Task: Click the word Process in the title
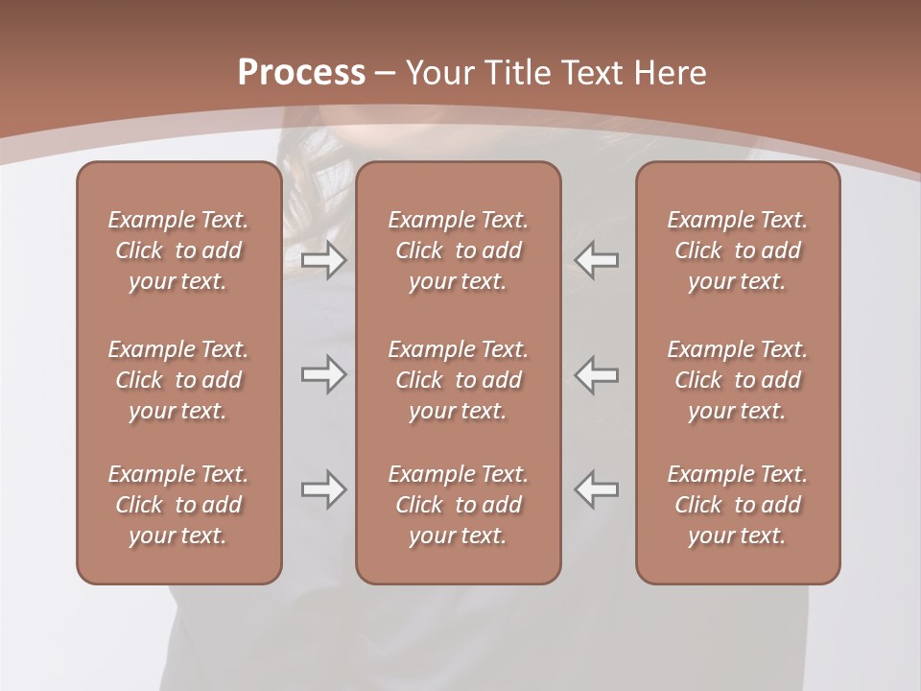click(301, 73)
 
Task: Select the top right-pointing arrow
click(323, 259)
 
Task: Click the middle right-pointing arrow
click(323, 374)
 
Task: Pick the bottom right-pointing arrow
click(323, 489)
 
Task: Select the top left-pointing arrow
click(597, 259)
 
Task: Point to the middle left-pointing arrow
click(597, 374)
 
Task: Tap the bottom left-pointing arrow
click(597, 489)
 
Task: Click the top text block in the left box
click(178, 250)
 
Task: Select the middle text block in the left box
click(178, 380)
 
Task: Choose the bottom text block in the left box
click(178, 505)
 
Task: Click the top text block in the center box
click(459, 250)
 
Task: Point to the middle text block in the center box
click(459, 380)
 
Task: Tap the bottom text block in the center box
click(459, 505)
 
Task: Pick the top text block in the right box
click(738, 250)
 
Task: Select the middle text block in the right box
click(738, 380)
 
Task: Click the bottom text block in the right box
click(738, 505)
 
